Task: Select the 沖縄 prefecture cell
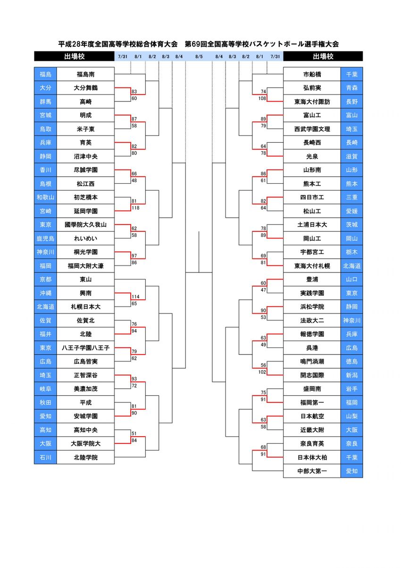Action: tap(45, 293)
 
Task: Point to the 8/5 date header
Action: tap(199, 57)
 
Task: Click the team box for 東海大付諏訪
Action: tap(312, 102)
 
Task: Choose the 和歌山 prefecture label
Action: tap(45, 197)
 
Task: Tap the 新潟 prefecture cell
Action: tap(351, 375)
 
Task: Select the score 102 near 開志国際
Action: tap(263, 372)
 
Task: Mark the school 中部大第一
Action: tap(312, 471)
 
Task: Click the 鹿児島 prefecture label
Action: tap(45, 238)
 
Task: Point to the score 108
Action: tap(263, 98)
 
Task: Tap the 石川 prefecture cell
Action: tap(45, 457)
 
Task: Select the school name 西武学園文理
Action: tap(312, 129)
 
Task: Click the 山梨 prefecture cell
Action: tap(351, 416)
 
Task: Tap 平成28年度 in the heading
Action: tap(75, 44)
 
